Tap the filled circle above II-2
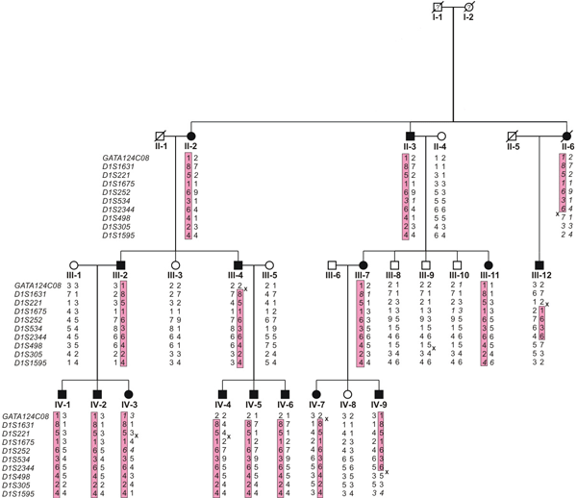pos(192,136)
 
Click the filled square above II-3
pos(411,136)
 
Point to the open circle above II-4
pos(440,136)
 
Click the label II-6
pos(567,147)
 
